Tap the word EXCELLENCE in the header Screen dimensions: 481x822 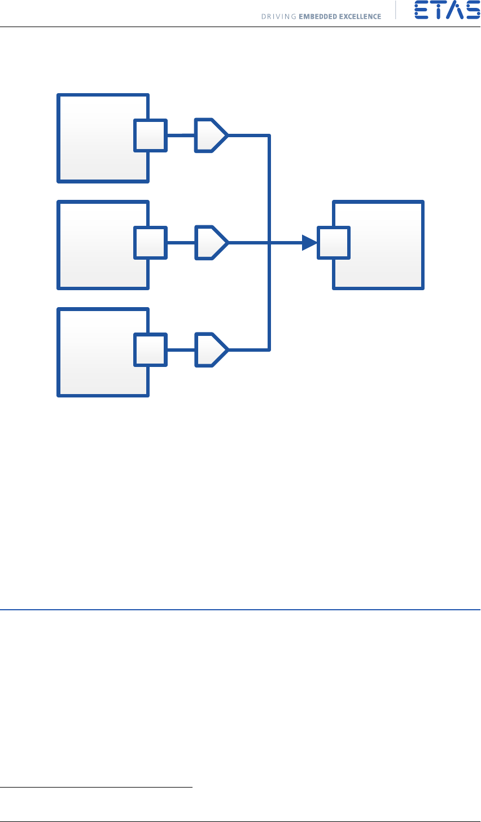tap(360, 16)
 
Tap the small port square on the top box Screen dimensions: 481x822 tap(151, 135)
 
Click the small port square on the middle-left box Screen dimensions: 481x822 tap(151, 243)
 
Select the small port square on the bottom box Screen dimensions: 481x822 tap(151, 349)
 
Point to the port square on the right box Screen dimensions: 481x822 tap(334, 243)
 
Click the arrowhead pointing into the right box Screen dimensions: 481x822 tap(309, 243)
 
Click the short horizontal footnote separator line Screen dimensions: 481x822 tap(96, 786)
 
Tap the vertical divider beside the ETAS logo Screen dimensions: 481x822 tap(396, 11)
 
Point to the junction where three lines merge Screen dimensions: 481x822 tap(270, 243)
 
